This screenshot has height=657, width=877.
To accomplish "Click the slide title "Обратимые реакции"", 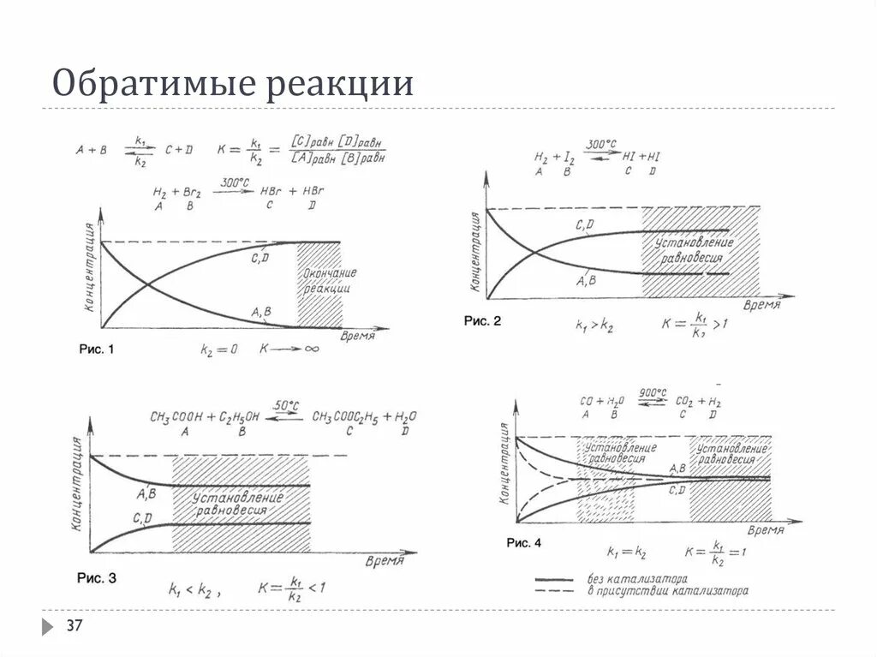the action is [233, 84].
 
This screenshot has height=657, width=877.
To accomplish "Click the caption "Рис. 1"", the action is [96, 349].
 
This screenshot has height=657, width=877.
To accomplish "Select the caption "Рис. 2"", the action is [482, 321].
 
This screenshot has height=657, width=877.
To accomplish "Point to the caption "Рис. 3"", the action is [99, 578].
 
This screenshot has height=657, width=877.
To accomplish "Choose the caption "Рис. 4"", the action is [523, 543].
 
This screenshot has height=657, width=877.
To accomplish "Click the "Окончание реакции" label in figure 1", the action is [329, 281].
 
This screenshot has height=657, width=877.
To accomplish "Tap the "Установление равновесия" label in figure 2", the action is [695, 251].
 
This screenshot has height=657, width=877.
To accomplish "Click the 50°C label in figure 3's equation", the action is [286, 404].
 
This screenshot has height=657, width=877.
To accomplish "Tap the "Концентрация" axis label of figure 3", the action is [78, 486].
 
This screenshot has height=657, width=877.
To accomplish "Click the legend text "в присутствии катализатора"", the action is [667, 590].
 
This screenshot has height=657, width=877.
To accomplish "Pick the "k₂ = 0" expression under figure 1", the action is [218, 349].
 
